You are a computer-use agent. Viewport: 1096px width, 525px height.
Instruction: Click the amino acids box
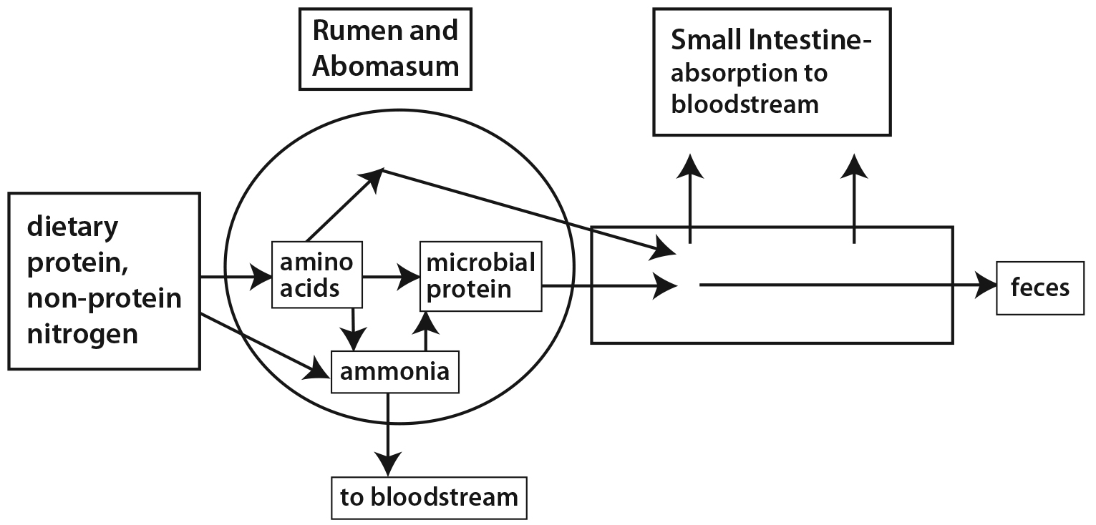[316, 275]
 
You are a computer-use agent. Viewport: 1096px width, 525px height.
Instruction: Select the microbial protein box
[480, 276]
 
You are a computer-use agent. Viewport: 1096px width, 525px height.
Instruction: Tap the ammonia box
[394, 372]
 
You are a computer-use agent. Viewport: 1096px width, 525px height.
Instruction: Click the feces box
[1040, 288]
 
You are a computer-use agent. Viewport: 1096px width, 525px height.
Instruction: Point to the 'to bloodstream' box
[429, 497]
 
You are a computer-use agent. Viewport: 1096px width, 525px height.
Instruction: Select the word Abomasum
[386, 66]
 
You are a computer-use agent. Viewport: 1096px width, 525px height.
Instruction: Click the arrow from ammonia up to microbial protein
[427, 333]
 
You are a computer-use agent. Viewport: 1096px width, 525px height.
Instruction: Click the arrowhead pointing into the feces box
[989, 285]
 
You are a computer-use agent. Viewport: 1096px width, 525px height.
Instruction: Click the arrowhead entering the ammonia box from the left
[320, 371]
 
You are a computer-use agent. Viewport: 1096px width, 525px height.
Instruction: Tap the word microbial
[480, 262]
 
